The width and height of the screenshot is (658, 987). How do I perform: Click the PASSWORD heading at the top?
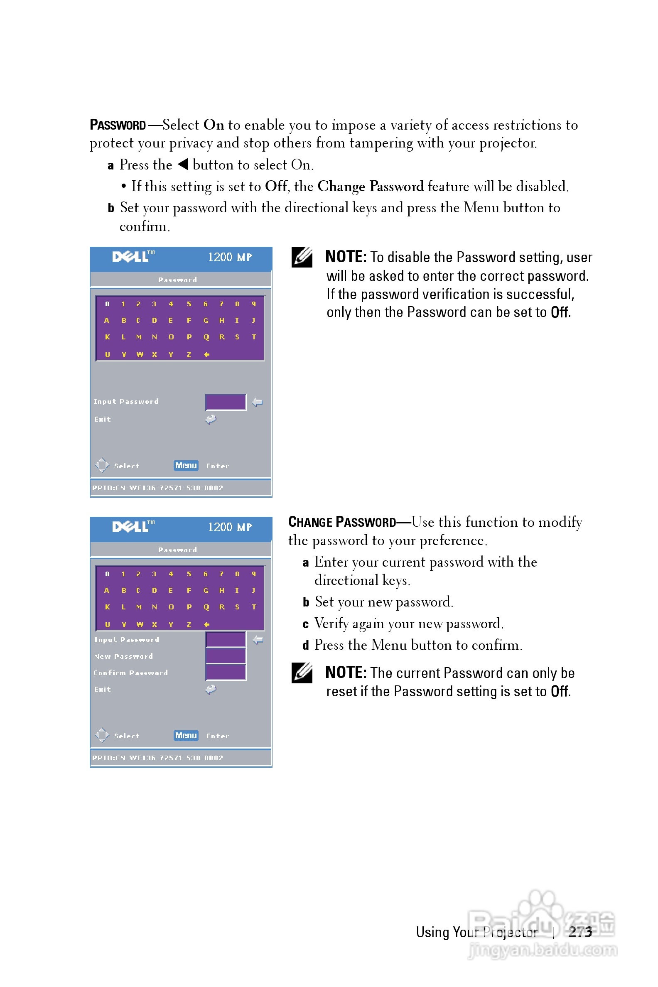coord(118,125)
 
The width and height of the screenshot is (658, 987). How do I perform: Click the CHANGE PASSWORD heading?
coord(342,522)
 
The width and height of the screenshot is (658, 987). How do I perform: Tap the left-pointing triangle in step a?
coord(183,164)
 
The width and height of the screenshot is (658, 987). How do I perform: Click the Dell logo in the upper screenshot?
coord(133,256)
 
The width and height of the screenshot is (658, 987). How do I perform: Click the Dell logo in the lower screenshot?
coord(133,526)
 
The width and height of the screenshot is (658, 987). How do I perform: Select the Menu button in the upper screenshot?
coord(186,465)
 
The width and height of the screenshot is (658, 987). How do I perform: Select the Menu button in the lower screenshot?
coord(186,735)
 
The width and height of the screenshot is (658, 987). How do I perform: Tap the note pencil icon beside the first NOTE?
coord(302,257)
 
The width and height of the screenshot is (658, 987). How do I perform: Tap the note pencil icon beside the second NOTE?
coord(302,673)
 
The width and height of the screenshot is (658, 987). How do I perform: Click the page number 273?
coord(580,932)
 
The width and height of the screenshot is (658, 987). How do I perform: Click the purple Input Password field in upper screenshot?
coord(225,402)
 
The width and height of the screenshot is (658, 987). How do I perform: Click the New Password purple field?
coord(225,656)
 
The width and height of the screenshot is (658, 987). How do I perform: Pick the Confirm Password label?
coord(130,673)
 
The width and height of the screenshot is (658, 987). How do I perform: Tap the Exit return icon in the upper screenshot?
coord(211,419)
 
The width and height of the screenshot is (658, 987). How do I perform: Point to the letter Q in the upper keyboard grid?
coord(206,337)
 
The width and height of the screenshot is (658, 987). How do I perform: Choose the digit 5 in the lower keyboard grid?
coord(189,574)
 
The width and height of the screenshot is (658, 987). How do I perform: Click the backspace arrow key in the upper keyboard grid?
coord(206,355)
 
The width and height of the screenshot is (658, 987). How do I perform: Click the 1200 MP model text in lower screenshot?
coord(230,527)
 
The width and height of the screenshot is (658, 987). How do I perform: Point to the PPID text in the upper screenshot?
coord(157,488)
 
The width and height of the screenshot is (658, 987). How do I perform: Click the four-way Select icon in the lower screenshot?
coord(102,735)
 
